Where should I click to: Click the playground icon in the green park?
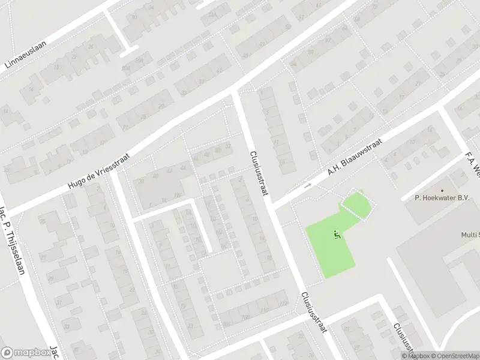[337, 235]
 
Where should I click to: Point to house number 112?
[282, 304]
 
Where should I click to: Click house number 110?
[265, 310]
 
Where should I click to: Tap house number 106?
[226, 324]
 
